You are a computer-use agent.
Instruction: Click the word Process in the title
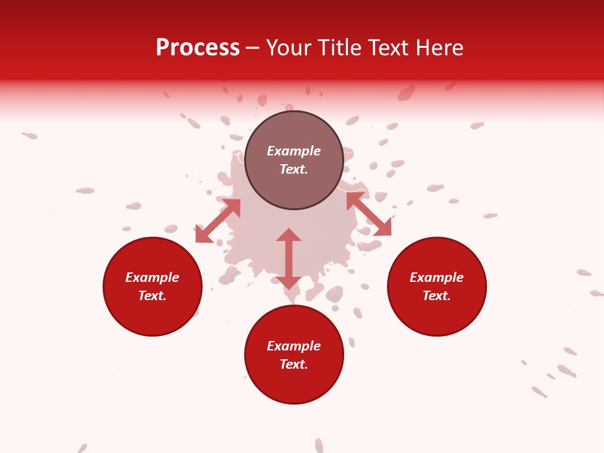tap(198, 48)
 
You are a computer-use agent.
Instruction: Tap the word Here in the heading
tap(440, 48)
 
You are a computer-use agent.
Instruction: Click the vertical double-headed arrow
tap(289, 259)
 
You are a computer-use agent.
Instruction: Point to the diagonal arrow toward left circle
tap(218, 221)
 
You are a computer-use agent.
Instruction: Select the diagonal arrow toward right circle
tap(369, 214)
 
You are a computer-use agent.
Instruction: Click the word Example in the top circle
tap(294, 151)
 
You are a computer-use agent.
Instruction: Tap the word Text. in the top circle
tap(294, 169)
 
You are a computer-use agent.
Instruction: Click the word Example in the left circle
tap(152, 277)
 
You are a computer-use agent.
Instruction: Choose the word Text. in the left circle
tap(152, 296)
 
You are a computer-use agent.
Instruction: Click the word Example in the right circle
tap(437, 277)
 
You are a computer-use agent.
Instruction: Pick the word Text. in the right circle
tap(437, 296)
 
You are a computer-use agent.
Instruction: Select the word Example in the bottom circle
tap(294, 346)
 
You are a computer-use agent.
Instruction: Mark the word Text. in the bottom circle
tap(294, 364)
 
